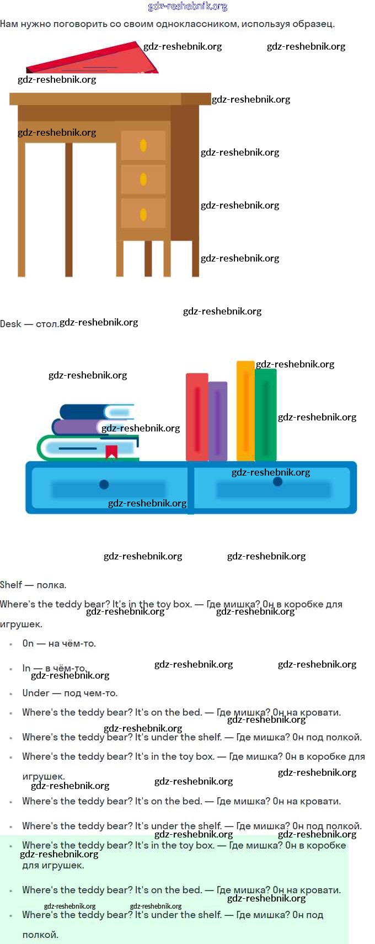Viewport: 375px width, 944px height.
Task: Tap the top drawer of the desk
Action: point(143,146)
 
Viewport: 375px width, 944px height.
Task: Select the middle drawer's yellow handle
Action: point(143,179)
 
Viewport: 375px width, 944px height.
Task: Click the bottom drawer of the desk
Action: point(143,214)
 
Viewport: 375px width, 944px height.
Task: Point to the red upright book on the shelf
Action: point(196,417)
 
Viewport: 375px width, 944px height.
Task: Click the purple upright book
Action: point(218,420)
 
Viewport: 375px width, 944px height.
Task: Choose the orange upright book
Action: point(245,411)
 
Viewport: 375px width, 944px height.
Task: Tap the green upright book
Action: point(266,415)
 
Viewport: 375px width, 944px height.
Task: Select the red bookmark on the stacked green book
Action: point(111,451)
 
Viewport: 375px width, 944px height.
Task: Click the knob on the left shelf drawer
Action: point(104,484)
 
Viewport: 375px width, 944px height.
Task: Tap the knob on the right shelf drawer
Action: point(277,482)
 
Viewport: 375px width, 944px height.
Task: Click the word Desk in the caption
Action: point(10,324)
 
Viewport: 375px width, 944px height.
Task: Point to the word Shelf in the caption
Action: point(11,585)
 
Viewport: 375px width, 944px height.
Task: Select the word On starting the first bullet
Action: point(28,643)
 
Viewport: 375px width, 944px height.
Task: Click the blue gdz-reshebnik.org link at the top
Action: point(187,7)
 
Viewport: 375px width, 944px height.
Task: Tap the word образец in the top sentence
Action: point(314,24)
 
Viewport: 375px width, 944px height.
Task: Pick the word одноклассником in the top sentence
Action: point(192,24)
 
